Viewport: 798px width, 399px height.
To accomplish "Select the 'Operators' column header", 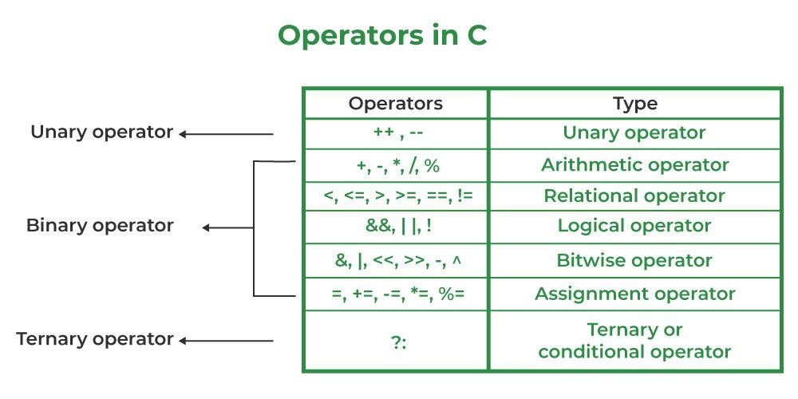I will point(396,104).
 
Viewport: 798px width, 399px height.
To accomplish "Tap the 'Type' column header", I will point(635,104).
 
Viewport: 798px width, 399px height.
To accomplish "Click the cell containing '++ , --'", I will point(396,132).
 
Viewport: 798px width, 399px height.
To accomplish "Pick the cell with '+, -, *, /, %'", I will point(396,165).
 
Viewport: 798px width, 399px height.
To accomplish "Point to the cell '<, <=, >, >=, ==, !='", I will point(396,196).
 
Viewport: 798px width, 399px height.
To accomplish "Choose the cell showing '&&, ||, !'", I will point(396,226).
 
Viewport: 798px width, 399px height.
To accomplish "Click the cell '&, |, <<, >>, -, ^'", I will point(396,260).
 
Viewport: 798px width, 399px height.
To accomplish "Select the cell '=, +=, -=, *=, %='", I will point(396,294).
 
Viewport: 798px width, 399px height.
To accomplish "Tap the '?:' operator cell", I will point(396,341).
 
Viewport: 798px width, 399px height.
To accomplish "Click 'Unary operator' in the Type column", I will point(635,132).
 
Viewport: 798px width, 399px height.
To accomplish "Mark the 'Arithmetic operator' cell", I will point(635,165).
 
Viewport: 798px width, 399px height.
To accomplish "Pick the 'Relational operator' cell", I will point(635,196).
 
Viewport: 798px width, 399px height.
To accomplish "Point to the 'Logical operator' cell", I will point(635,226).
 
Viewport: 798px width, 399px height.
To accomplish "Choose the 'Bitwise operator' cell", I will point(635,260).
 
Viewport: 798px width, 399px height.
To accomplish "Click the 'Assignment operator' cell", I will point(635,294).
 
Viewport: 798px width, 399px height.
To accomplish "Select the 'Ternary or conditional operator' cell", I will point(635,341).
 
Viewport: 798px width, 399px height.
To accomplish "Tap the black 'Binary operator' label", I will point(100,226).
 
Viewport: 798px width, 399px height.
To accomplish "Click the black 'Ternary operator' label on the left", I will point(95,339).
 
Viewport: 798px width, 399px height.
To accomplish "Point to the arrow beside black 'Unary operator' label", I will point(226,134).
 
